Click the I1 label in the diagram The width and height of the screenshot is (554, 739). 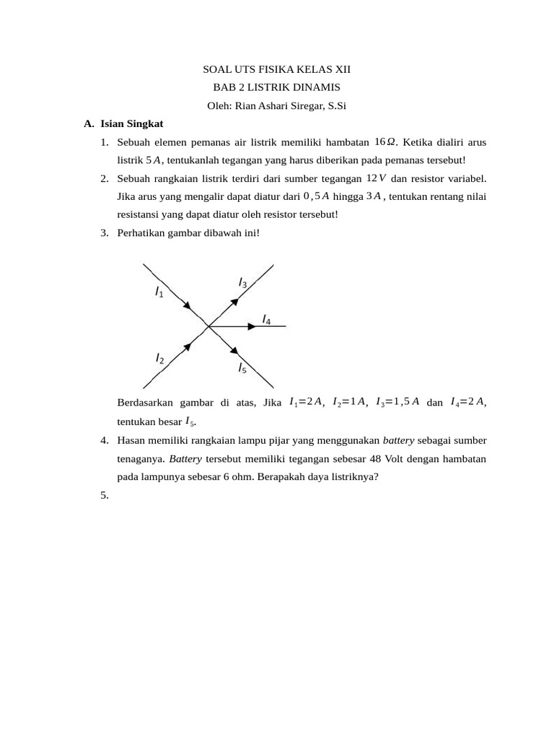click(159, 292)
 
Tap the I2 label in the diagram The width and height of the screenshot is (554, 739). click(159, 359)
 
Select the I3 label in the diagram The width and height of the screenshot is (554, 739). click(243, 284)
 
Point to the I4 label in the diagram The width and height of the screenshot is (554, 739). click(266, 318)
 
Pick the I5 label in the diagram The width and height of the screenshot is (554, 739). click(242, 368)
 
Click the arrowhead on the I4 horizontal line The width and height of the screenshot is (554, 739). click(252, 326)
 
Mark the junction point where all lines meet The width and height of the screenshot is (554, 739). click(208, 326)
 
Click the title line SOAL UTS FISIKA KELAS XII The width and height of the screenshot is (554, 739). click(276, 70)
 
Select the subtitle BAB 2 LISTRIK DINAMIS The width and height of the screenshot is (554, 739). click(276, 88)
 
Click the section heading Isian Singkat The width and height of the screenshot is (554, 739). click(132, 124)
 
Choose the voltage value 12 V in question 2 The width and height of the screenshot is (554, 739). click(377, 178)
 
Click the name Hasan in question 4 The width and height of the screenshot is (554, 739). click(132, 440)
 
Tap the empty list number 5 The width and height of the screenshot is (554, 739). click(105, 495)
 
